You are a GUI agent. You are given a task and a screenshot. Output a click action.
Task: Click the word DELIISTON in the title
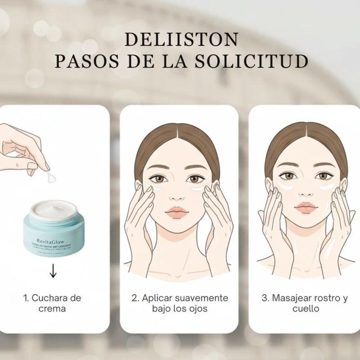coord(181,40)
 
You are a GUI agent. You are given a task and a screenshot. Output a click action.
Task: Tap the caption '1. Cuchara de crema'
coord(52,303)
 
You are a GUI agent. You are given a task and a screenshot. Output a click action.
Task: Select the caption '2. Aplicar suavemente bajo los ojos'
coord(180,303)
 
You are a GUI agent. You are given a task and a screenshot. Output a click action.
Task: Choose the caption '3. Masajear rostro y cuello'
coord(305,303)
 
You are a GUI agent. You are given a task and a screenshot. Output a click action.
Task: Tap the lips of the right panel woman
coord(306,207)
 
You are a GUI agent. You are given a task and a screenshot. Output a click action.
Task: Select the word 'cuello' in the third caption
coord(306,309)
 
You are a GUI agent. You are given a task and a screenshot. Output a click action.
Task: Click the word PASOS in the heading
coord(83,62)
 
